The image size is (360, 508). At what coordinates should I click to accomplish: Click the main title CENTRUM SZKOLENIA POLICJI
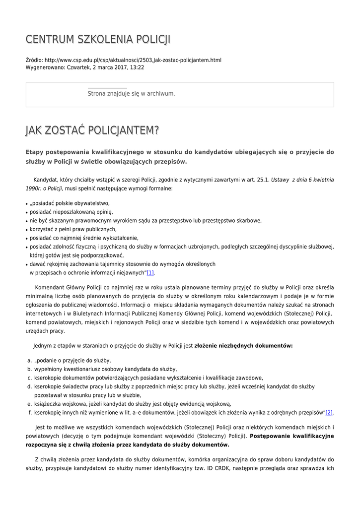[98, 39]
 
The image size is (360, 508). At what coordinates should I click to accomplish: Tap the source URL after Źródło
[133, 60]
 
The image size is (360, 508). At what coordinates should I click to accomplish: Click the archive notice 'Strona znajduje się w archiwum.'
[131, 93]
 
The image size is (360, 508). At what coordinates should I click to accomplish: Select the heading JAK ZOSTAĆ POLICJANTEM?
[92, 130]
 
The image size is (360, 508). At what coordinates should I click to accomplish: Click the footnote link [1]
[150, 272]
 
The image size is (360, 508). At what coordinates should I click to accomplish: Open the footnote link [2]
[329, 412]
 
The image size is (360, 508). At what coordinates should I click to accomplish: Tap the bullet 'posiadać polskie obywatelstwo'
[70, 203]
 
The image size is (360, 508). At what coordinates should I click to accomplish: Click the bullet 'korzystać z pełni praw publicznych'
[73, 229]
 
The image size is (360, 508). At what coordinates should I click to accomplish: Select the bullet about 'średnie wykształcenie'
[83, 238]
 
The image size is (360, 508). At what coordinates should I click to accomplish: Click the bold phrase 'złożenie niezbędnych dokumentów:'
[243, 345]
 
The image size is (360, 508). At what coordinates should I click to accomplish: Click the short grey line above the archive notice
[107, 88]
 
